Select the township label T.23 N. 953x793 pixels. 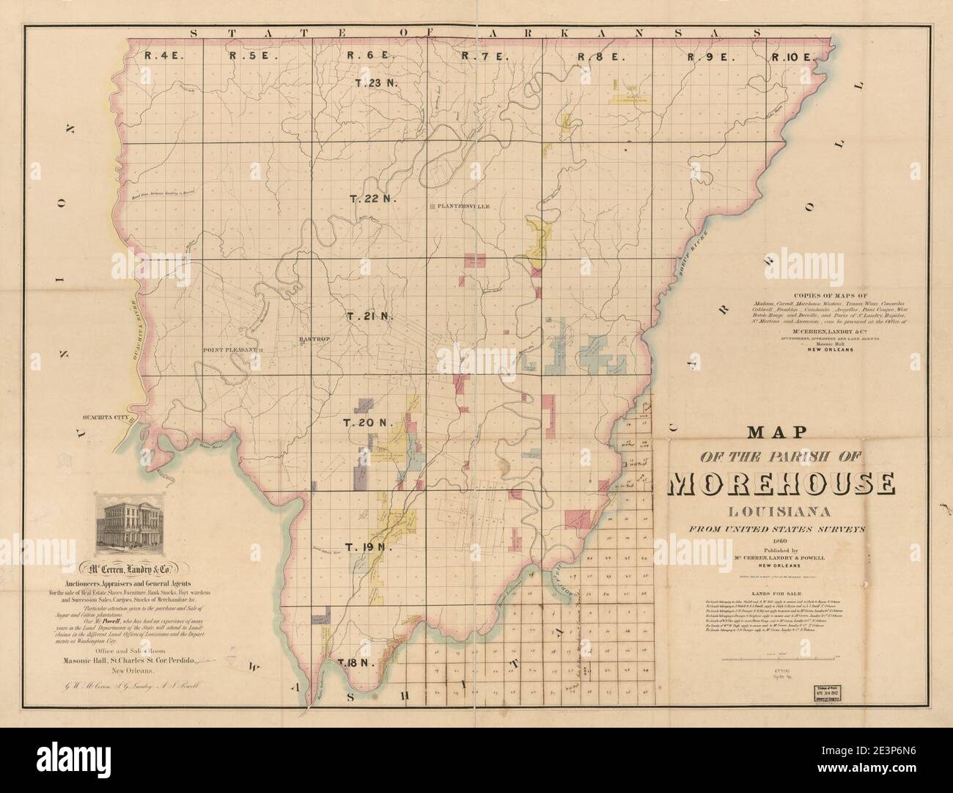click(375, 83)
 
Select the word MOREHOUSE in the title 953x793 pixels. click(781, 483)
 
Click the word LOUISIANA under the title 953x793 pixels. click(780, 511)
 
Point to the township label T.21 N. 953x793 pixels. click(370, 316)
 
